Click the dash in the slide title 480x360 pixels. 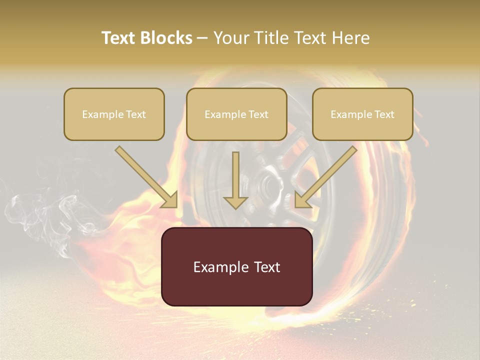tap(203, 38)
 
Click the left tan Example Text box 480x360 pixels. tap(114, 114)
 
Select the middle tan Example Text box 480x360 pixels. tap(236, 114)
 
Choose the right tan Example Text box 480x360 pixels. tap(362, 114)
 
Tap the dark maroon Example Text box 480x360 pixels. tap(237, 267)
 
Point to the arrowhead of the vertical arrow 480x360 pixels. tap(235, 201)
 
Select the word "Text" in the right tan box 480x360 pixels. tap(384, 114)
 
